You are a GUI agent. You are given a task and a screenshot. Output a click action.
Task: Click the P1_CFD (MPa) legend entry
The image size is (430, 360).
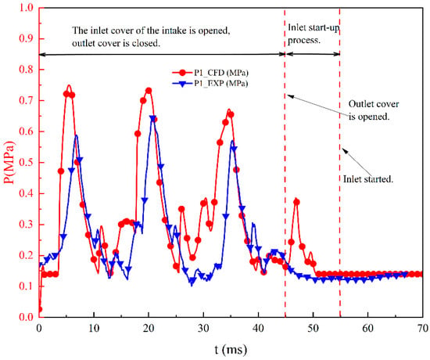[x=210, y=73]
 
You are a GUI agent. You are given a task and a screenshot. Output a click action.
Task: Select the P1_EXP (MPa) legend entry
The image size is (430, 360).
[x=210, y=83]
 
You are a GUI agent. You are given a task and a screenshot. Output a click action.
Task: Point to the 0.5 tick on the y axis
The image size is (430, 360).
[x=26, y=163]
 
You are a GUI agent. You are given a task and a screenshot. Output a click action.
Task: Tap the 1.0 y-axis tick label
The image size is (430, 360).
[x=26, y=8]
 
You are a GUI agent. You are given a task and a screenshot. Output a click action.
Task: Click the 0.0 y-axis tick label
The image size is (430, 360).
[x=26, y=317]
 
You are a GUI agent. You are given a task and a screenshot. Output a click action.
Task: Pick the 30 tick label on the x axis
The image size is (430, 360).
[x=203, y=328]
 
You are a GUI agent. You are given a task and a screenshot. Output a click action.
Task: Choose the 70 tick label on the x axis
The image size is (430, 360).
[x=423, y=328]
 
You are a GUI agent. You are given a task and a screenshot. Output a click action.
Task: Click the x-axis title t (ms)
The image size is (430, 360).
[x=231, y=350]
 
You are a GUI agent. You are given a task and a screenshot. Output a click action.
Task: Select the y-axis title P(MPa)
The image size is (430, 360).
[x=9, y=163]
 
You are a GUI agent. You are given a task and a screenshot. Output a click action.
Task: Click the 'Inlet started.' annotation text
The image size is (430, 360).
[x=368, y=179]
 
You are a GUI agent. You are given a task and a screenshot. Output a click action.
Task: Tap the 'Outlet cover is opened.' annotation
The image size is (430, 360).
[x=374, y=110]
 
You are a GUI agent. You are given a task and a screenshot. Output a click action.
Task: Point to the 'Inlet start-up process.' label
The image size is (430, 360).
[x=314, y=34]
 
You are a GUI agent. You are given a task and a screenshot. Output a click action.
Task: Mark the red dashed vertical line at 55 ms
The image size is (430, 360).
[x=340, y=163]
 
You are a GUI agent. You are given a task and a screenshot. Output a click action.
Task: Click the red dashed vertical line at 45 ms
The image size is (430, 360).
[x=285, y=163]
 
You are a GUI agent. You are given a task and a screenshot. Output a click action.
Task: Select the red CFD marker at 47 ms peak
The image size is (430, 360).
[x=296, y=203]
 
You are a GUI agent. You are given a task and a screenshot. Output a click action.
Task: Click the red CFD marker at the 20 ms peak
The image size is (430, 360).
[x=149, y=91]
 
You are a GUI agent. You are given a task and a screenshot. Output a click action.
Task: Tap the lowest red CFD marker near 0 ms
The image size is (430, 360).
[x=40, y=309]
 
